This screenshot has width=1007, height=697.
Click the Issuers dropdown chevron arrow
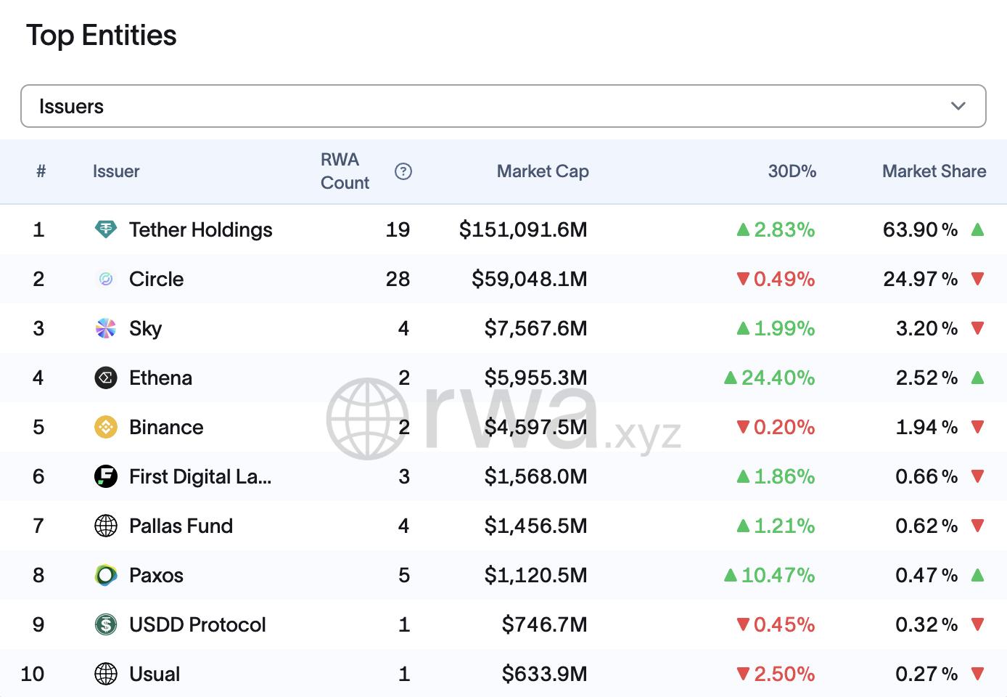pyautogui.click(x=958, y=106)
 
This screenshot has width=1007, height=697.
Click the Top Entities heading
pyautogui.click(x=102, y=35)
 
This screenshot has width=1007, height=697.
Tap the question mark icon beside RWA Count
pyautogui.click(x=403, y=171)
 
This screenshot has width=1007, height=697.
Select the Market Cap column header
pyautogui.click(x=543, y=171)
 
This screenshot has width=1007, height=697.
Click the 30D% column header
pyautogui.click(x=792, y=171)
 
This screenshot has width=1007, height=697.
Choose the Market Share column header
pyautogui.click(x=934, y=171)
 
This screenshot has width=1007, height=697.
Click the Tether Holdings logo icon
pyautogui.click(x=106, y=229)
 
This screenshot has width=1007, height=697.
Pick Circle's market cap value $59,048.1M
pyautogui.click(x=529, y=279)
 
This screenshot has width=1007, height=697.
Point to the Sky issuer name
pyautogui.click(x=145, y=328)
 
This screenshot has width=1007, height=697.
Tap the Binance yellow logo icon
pyautogui.click(x=106, y=427)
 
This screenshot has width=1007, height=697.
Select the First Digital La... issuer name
pyautogui.click(x=200, y=476)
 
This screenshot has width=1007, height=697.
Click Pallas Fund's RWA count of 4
pyautogui.click(x=403, y=526)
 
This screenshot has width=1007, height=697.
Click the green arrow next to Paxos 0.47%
pyautogui.click(x=977, y=575)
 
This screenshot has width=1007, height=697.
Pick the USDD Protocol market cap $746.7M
pyautogui.click(x=544, y=624)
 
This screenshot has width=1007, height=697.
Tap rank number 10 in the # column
pyautogui.click(x=33, y=674)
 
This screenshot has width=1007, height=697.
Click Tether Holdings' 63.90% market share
pyautogui.click(x=920, y=229)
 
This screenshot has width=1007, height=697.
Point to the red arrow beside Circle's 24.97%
pyautogui.click(x=977, y=279)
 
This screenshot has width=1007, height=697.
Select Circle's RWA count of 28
pyautogui.click(x=398, y=279)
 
